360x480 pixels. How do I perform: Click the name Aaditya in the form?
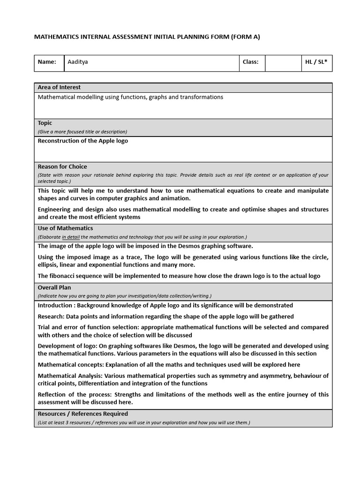coord(78,62)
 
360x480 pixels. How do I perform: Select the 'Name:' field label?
coord(47,62)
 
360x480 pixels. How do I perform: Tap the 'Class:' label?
coord(250,62)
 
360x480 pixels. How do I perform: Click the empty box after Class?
coord(283,62)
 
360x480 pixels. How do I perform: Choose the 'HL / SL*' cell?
coord(316,62)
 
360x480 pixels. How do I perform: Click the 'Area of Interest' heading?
coord(59,87)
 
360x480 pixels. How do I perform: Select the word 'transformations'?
coord(202,97)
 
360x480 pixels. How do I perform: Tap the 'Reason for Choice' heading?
coord(62,166)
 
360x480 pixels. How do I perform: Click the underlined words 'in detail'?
coord(71,237)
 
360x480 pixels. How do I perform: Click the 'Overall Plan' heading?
coord(54,287)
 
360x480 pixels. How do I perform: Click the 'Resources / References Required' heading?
coord(83,414)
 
